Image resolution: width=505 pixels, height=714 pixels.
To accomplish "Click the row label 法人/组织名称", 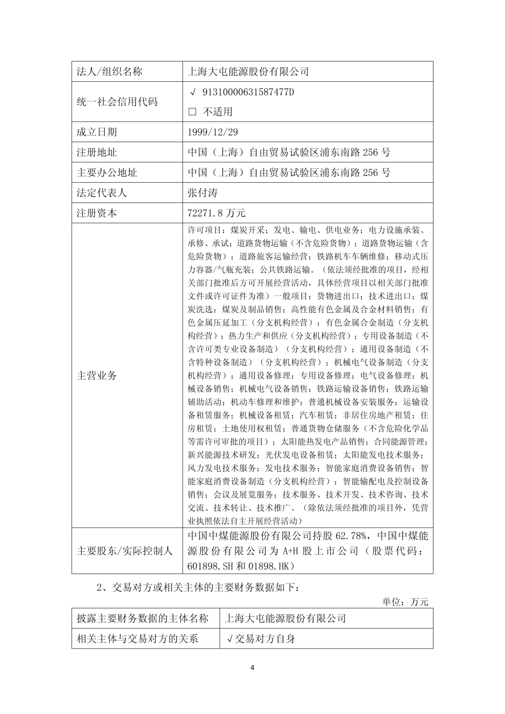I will pyautogui.click(x=109, y=72).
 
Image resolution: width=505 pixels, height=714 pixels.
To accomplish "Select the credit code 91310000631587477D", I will pyautogui.click(x=248, y=92).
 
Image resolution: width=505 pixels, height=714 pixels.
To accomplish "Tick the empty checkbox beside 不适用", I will pyautogui.click(x=192, y=112).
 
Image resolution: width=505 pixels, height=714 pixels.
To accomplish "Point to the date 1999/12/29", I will pyautogui.click(x=212, y=132).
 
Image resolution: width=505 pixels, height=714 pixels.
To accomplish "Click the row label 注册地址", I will pyautogui.click(x=97, y=152).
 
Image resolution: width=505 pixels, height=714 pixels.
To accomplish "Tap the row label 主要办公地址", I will pyautogui.click(x=107, y=173).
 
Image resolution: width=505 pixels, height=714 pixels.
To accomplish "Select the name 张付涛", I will pyautogui.click(x=202, y=193).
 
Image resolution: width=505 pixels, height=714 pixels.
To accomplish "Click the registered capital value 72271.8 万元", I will pyautogui.click(x=216, y=213).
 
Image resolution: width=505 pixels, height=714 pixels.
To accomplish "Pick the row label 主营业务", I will pyautogui.click(x=97, y=375).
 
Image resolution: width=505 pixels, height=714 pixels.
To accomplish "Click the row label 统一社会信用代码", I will pyautogui.click(x=117, y=102).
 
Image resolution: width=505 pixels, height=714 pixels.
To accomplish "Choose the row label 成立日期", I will pyautogui.click(x=97, y=132).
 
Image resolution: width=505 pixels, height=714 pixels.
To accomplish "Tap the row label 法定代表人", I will pyautogui.click(x=102, y=193).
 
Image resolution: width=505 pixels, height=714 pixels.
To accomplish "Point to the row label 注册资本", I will pyautogui.click(x=97, y=213).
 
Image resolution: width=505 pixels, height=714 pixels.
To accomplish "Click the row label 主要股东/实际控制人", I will pyautogui.click(x=125, y=551).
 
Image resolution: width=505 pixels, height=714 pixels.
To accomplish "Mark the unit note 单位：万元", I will pyautogui.click(x=405, y=602).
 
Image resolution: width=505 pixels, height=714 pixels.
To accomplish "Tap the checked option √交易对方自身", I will pyautogui.click(x=260, y=639).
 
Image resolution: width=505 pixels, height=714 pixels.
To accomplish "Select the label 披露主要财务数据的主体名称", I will pyautogui.click(x=142, y=619).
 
